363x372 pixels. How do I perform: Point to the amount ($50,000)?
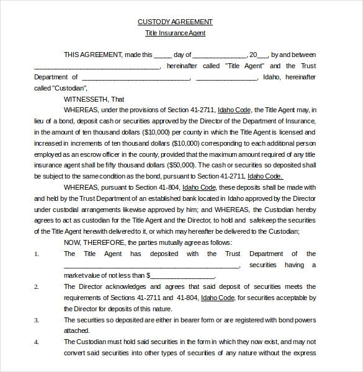point(180,165)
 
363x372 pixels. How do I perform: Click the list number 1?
point(37,254)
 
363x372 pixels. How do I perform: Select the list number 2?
point(37,286)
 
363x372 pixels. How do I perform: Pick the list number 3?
point(37,320)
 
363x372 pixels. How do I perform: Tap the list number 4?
point(37,342)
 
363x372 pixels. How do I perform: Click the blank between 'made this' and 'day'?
point(163,55)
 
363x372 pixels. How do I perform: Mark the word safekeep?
point(274,220)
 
